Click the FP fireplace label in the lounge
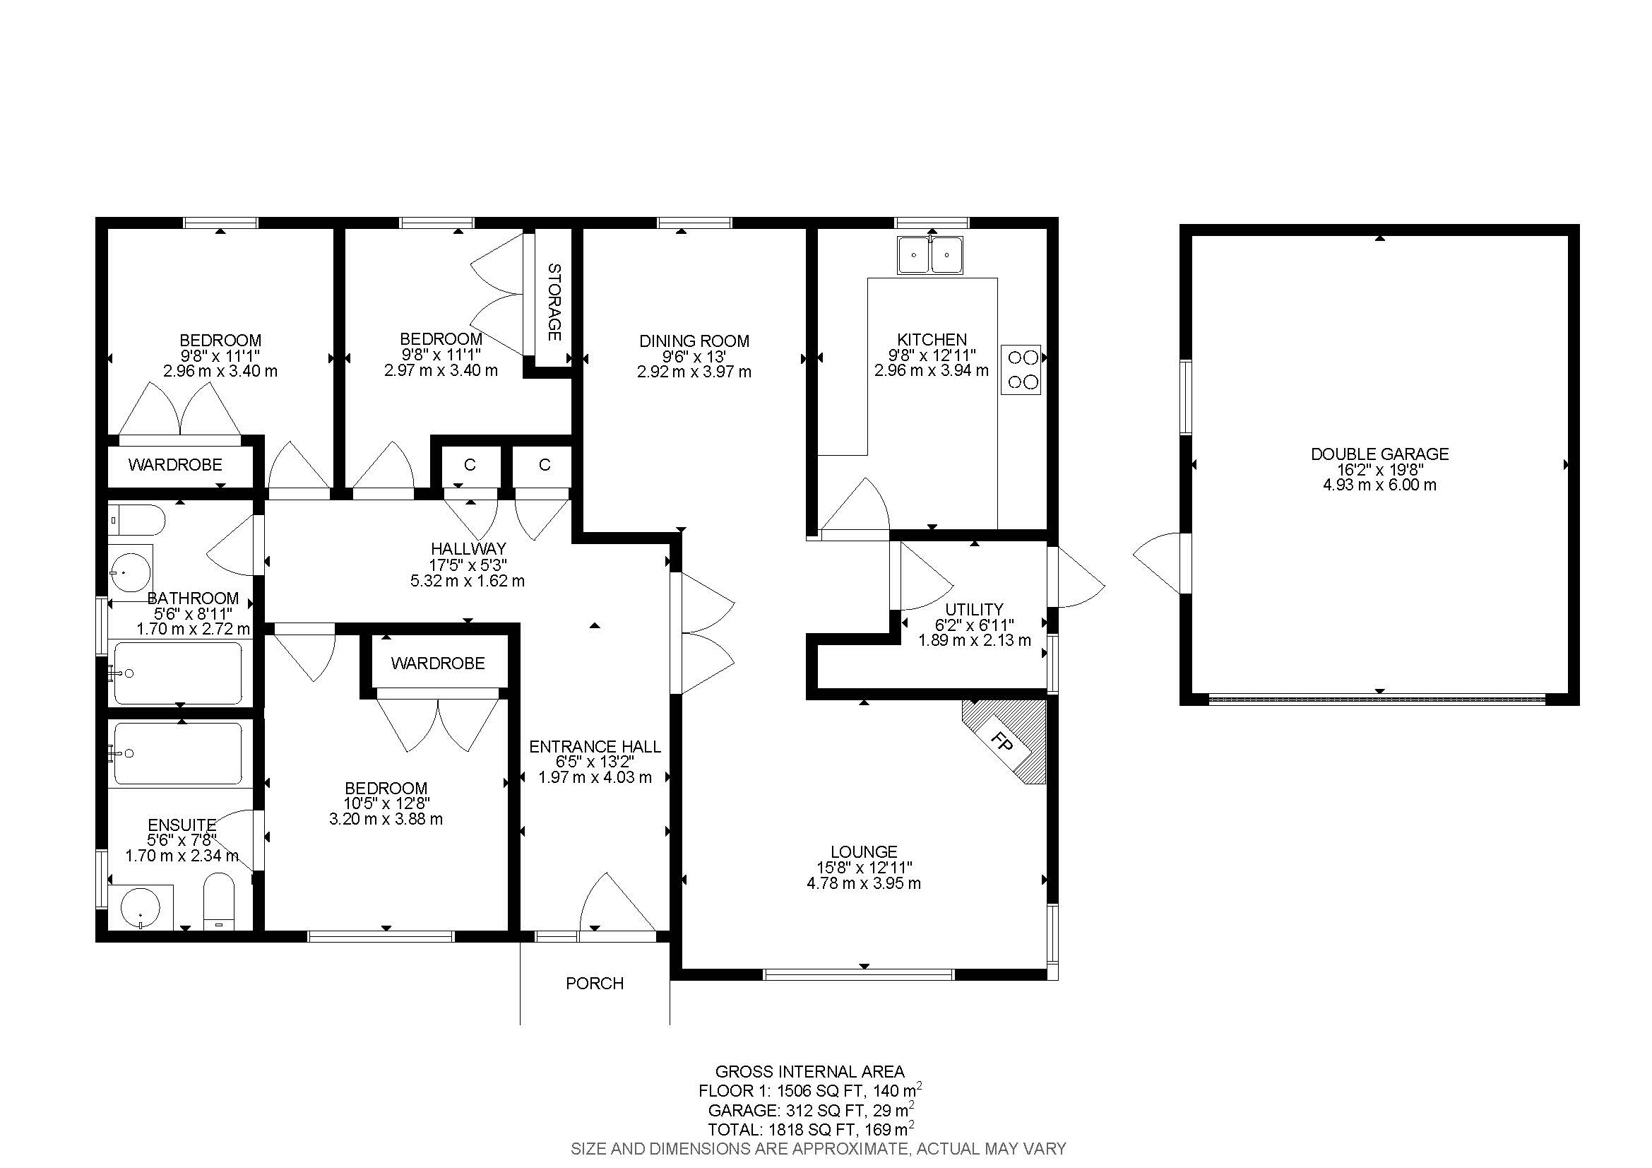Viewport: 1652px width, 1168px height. pyautogui.click(x=1001, y=741)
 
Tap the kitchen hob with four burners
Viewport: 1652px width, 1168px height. pyautogui.click(x=1021, y=369)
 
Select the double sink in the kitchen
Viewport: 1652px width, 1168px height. pyautogui.click(x=930, y=255)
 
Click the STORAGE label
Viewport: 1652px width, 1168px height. pyautogui.click(x=554, y=302)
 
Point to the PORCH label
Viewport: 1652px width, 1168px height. pyautogui.click(x=594, y=984)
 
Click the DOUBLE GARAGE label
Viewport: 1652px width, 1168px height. pyautogui.click(x=1379, y=454)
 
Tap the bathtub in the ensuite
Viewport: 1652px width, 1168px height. pyautogui.click(x=179, y=753)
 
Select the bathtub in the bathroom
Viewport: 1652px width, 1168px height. pyautogui.click(x=179, y=673)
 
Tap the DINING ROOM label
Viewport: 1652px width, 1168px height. pyautogui.click(x=694, y=341)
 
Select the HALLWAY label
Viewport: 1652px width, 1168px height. pyautogui.click(x=468, y=549)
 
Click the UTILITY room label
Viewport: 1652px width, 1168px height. pyautogui.click(x=974, y=610)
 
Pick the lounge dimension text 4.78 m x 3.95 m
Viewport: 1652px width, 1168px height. pyautogui.click(x=863, y=883)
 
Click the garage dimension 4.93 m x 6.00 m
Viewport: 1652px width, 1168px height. pyautogui.click(x=1379, y=485)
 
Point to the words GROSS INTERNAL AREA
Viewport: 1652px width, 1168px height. pyautogui.click(x=809, y=1072)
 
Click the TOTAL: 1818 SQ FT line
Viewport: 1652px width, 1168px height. pyautogui.click(x=811, y=1128)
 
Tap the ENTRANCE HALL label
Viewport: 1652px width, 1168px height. pyautogui.click(x=594, y=747)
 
